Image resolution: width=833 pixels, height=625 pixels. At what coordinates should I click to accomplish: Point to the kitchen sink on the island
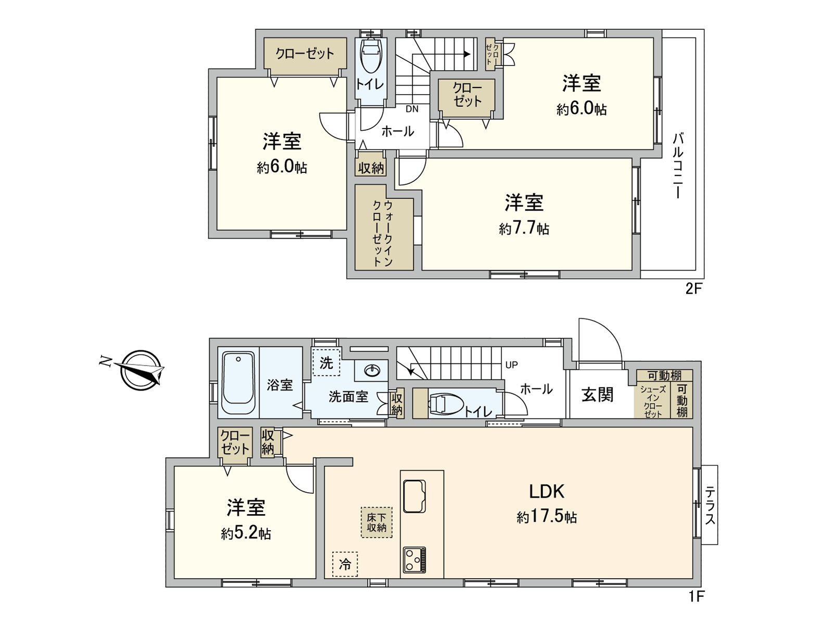click(414, 496)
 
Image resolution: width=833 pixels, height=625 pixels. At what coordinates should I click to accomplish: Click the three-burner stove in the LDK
click(414, 560)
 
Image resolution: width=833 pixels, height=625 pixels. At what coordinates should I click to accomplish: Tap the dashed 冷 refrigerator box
click(345, 564)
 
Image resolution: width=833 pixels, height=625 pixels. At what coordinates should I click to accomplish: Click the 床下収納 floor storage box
click(376, 522)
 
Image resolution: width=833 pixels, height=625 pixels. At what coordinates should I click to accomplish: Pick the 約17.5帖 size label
click(547, 517)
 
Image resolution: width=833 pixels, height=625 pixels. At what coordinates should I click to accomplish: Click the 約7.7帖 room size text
click(524, 229)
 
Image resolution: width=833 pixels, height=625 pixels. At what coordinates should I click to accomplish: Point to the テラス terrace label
click(710, 505)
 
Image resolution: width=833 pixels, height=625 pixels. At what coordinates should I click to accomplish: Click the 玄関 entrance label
click(598, 395)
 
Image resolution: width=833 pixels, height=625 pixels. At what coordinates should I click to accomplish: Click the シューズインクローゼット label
click(652, 402)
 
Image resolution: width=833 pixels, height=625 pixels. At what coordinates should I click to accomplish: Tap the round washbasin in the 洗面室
click(372, 371)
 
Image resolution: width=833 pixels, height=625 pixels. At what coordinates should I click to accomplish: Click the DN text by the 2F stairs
click(412, 109)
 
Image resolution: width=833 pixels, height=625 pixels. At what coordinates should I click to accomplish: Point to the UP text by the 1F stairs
click(511, 365)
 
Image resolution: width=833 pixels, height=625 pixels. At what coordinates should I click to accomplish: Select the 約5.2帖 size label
click(246, 534)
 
